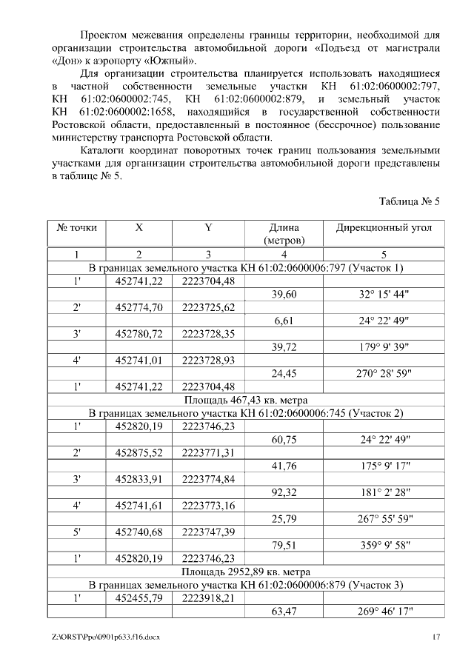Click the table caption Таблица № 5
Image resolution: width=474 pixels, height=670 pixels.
410,201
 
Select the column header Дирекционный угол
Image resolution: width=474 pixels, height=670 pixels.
384,228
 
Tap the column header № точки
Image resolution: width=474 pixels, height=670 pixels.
77,228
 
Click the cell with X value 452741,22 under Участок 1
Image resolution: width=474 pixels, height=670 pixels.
139,281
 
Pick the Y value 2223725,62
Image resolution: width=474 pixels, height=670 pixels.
208,307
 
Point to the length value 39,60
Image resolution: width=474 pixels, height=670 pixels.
284,294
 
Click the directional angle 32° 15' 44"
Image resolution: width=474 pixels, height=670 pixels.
384,294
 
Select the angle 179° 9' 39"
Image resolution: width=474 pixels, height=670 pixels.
384,346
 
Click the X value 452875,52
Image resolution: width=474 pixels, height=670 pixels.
139,452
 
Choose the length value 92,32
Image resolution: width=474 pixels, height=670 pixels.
284,492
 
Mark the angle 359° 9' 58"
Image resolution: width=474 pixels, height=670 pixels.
384,545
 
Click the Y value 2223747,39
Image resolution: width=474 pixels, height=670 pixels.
208,532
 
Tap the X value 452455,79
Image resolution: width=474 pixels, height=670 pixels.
139,598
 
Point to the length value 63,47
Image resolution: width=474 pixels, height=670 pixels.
284,612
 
